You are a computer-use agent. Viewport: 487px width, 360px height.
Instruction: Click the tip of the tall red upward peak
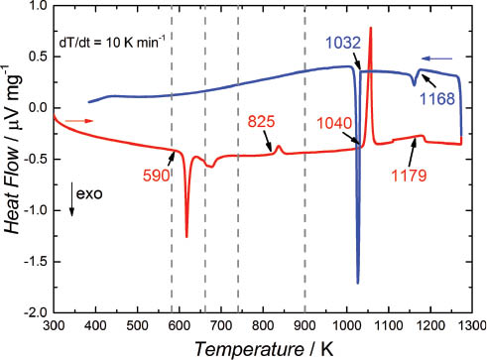(x=371, y=28)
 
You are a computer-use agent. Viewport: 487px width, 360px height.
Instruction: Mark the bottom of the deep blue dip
(x=358, y=283)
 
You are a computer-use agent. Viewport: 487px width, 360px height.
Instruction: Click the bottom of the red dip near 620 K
(x=186, y=237)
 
